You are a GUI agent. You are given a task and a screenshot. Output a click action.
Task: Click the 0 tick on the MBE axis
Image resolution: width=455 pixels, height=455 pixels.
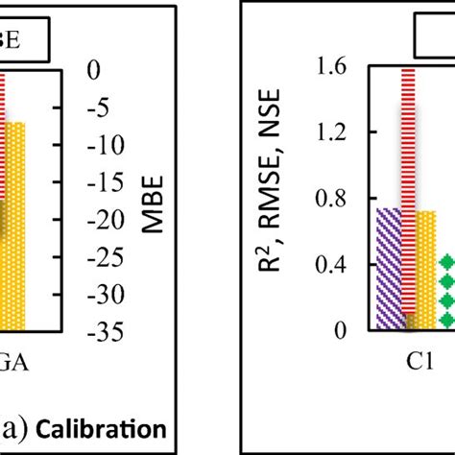pyautogui.click(x=94, y=69)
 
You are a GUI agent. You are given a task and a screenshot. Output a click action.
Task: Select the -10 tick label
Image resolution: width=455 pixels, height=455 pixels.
pyautogui.click(x=101, y=146)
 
